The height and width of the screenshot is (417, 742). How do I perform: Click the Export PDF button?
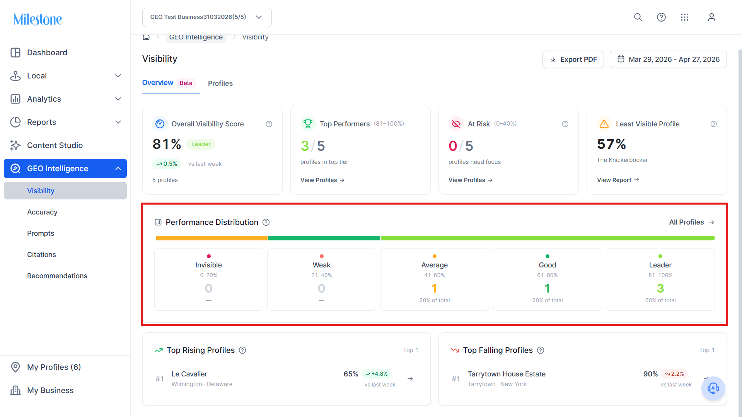573,60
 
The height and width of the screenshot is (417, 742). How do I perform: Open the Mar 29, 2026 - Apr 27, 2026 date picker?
668,60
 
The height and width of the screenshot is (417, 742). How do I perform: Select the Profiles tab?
220,83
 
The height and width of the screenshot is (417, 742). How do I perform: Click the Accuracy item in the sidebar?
42,212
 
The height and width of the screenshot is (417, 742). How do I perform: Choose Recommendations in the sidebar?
57,276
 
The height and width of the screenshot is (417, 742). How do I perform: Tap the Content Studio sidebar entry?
55,145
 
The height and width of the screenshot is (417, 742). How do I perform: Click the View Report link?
618,180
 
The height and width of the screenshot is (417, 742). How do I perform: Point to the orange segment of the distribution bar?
212,238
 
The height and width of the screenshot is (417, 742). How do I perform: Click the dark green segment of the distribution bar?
324,238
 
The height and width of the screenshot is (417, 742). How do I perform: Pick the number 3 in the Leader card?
660,288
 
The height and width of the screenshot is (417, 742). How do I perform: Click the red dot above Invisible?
209,256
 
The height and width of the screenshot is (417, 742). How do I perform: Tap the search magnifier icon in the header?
638,17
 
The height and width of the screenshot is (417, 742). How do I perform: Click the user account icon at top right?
711,17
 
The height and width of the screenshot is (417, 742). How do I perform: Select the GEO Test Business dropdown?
207,17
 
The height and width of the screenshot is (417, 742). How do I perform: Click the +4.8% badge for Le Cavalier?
377,374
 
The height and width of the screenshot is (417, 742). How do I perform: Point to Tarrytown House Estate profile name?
507,374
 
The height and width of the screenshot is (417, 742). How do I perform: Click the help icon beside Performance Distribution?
266,222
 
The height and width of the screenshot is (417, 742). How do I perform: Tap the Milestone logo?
38,19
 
